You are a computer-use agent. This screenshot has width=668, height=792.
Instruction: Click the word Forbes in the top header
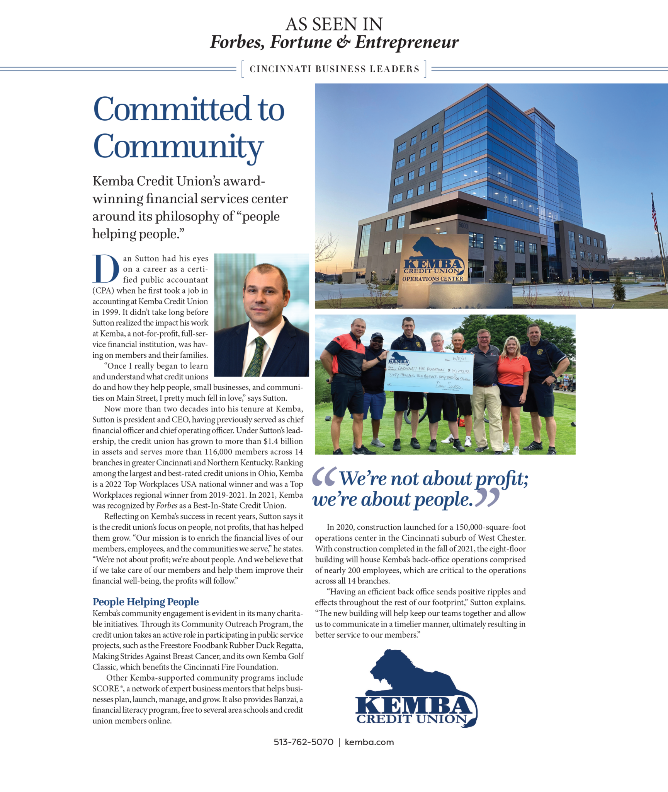237,42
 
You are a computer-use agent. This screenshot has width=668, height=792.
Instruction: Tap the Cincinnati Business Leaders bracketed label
334,69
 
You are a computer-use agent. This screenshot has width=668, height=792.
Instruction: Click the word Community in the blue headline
178,147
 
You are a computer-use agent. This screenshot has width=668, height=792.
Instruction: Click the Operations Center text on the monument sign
432,279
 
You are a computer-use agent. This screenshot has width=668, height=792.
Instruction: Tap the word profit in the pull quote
501,479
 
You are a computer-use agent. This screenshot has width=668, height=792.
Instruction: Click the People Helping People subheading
146,602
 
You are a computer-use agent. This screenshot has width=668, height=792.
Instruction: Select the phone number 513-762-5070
303,742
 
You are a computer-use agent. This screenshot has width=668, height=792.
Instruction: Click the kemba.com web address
369,742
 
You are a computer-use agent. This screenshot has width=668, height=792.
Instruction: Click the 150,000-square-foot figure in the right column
491,527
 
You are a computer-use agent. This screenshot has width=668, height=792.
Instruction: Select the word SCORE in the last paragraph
105,689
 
